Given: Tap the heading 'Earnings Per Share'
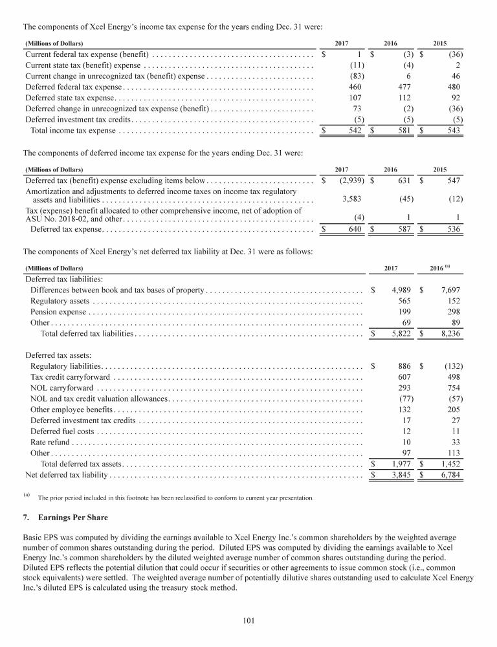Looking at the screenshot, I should (71, 519).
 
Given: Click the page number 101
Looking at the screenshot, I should (248, 621).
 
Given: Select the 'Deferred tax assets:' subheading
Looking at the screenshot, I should (58, 355).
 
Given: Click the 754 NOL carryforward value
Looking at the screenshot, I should (453, 388).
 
